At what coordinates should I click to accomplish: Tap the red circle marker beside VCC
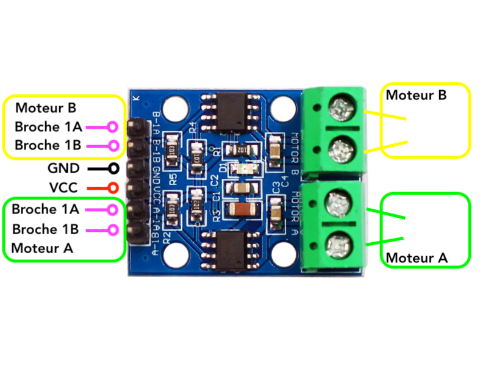(113, 187)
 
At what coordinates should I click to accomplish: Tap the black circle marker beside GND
(113, 167)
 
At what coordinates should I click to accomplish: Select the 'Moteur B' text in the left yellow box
(46, 108)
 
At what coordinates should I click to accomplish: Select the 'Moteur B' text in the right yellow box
(416, 95)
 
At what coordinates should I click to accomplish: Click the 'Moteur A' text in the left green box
(42, 248)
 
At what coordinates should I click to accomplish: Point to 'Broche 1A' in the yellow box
(47, 127)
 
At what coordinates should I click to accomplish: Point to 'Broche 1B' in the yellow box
(47, 146)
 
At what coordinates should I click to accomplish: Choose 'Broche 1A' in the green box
(46, 209)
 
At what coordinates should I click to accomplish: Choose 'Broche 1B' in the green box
(45, 229)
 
